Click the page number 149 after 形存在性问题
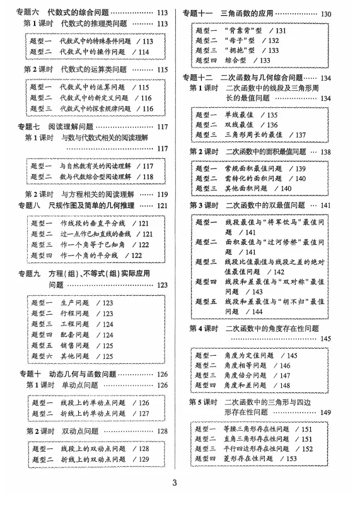[326, 412]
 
